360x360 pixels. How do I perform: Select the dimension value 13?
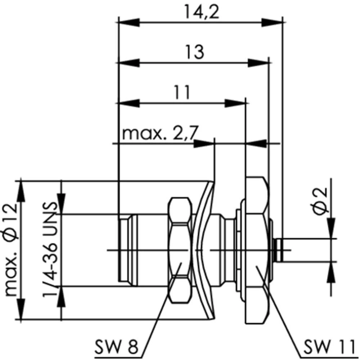(x=194, y=52)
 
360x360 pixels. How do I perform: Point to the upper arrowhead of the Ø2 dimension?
(x=331, y=228)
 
